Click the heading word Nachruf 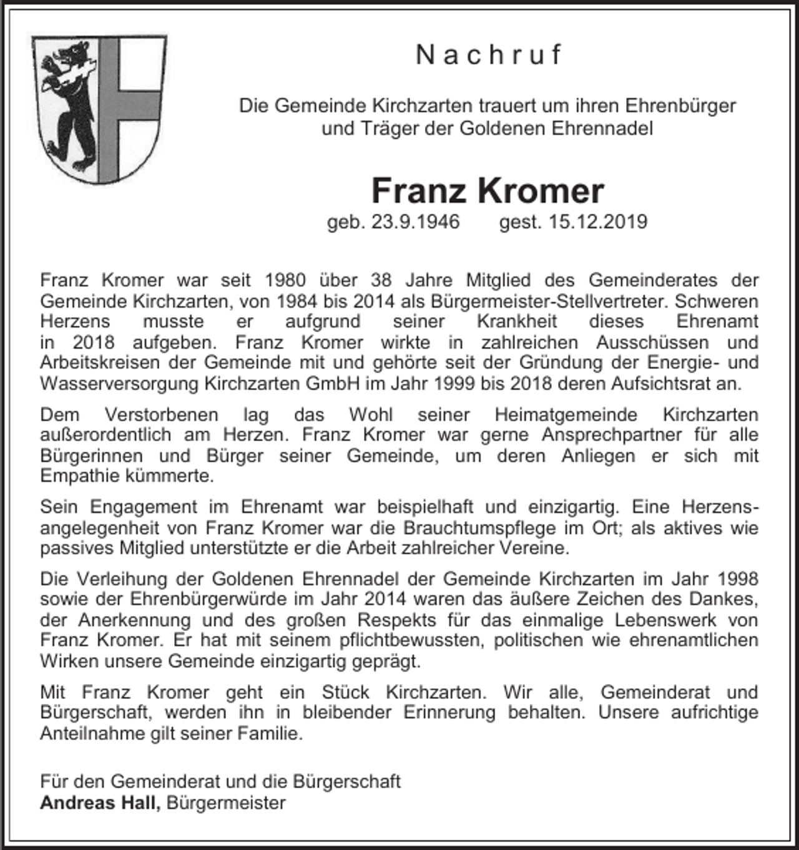coord(489,56)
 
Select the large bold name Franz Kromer coord(488,190)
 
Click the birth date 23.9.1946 coord(416,222)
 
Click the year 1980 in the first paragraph coord(286,280)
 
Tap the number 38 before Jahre coord(382,280)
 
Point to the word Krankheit coord(517,321)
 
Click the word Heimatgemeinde coord(568,414)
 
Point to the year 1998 coord(738,579)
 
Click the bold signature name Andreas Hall coord(100,803)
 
